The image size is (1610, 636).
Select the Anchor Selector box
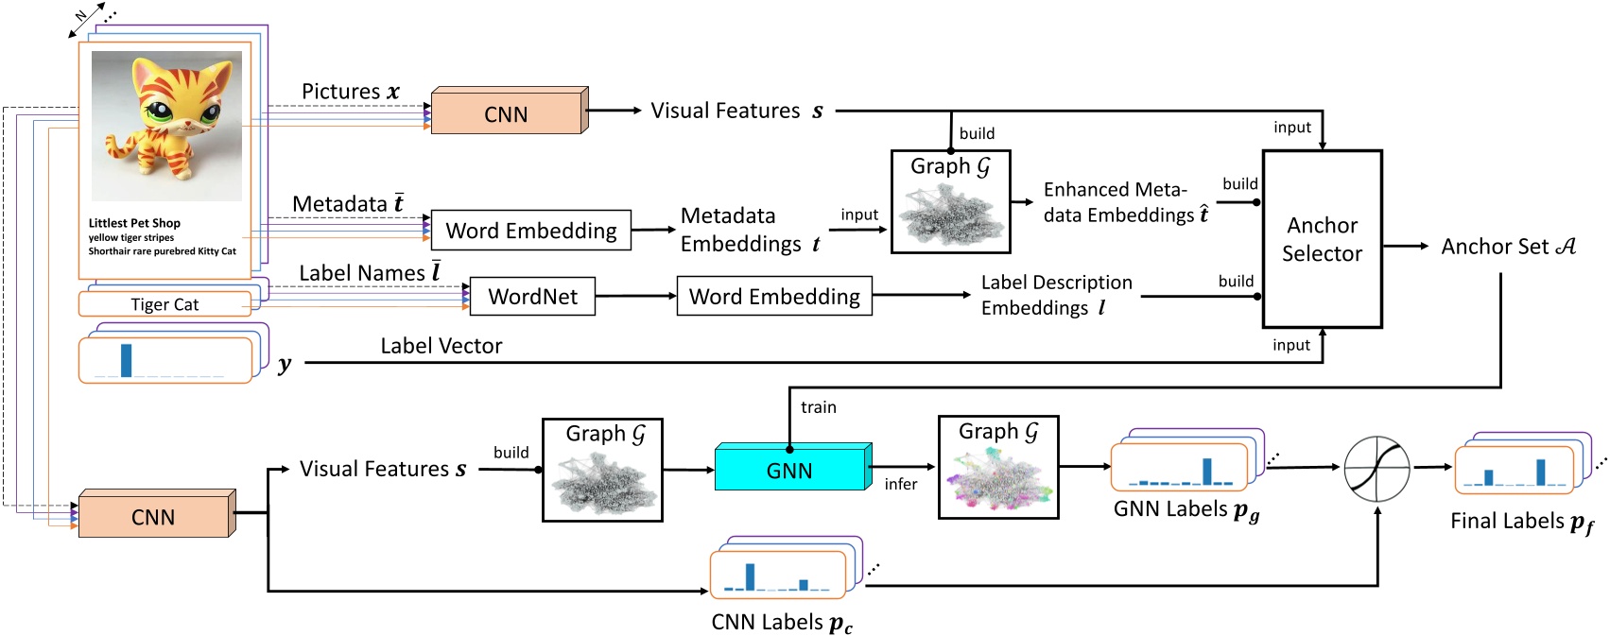click(x=1322, y=239)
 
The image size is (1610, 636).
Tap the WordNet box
click(x=532, y=297)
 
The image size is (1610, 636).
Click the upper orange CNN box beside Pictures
click(x=507, y=113)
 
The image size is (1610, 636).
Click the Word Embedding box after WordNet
click(x=774, y=297)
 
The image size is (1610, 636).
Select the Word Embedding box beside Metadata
click(x=530, y=231)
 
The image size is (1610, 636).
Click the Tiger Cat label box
click(x=164, y=304)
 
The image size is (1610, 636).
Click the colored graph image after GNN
click(x=998, y=478)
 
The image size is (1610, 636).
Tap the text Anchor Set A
click(x=1507, y=247)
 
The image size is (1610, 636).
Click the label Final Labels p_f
click(x=1520, y=522)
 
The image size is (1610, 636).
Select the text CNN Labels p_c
click(x=781, y=623)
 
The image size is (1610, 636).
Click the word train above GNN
click(x=818, y=407)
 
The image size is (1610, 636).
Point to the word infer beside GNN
click(x=900, y=484)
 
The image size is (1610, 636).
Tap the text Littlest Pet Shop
click(x=134, y=223)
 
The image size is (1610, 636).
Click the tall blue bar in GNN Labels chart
click(x=1206, y=470)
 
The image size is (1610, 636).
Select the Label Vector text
click(x=441, y=346)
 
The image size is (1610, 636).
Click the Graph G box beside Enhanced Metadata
click(x=950, y=201)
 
